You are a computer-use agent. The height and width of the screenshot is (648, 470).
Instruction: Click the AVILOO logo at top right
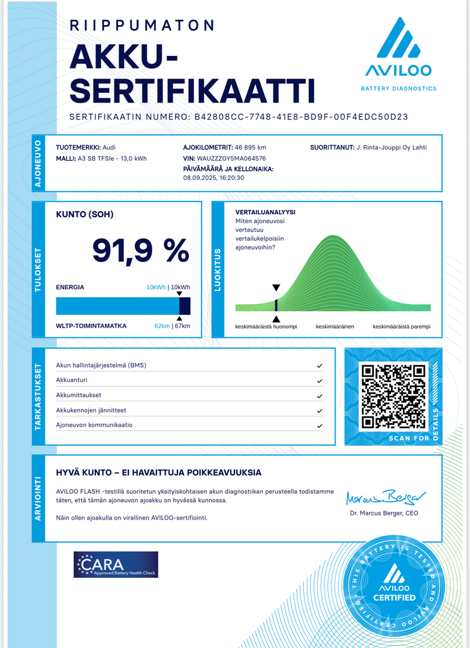[398, 54]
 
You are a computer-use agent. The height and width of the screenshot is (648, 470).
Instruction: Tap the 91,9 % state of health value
[140, 250]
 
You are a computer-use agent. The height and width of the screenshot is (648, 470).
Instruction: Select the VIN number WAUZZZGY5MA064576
[231, 158]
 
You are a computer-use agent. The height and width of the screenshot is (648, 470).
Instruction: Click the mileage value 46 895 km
[250, 148]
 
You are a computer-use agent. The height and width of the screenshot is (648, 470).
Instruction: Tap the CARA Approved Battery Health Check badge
[116, 565]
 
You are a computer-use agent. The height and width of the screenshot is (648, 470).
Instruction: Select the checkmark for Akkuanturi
[320, 380]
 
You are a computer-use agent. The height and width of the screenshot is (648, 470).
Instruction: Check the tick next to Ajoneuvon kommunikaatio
[320, 425]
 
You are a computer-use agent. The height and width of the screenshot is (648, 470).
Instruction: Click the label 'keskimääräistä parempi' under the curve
[402, 327]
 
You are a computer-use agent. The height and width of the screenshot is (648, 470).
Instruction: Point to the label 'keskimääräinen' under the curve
[335, 327]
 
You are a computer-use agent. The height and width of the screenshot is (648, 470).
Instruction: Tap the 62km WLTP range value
[162, 326]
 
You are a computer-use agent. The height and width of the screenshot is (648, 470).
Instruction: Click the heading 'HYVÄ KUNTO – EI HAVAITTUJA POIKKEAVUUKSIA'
[158, 473]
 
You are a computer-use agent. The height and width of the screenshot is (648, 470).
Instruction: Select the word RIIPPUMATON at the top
[142, 25]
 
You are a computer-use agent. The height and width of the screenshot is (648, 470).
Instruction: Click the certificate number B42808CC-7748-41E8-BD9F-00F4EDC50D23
[301, 117]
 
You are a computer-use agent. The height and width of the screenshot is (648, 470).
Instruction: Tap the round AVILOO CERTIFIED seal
[394, 585]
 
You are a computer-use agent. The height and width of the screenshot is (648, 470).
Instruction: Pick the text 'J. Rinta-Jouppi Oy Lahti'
[391, 148]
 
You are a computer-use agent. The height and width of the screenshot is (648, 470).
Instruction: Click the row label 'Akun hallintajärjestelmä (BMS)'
[101, 365]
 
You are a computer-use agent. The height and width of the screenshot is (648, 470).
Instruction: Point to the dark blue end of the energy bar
[185, 306]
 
